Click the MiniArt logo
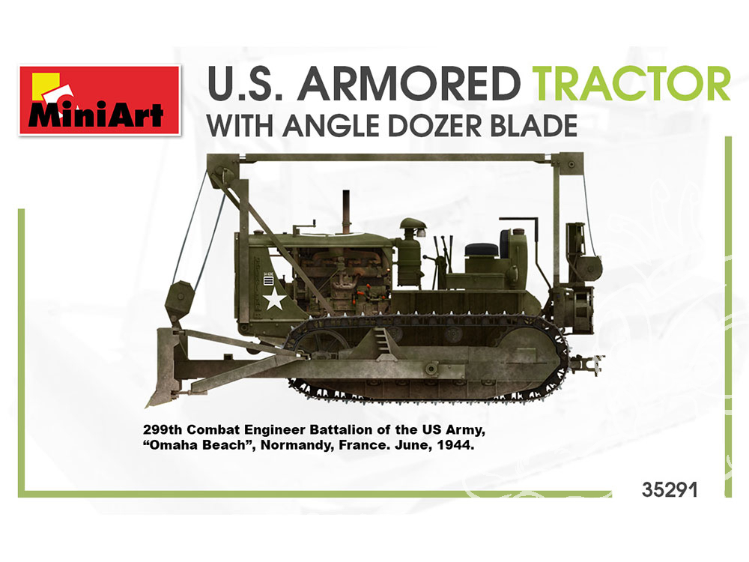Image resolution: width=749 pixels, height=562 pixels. coord(100,100)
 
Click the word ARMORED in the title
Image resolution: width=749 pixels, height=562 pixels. coord(410,84)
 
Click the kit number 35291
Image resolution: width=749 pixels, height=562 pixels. coord(670,490)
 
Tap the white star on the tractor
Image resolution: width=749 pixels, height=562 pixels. coord(275,300)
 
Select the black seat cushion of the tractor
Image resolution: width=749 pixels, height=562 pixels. coord(482,250)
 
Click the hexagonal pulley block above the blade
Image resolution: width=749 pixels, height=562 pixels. coord(180,302)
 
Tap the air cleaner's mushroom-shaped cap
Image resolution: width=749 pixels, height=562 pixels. coord(413,224)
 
